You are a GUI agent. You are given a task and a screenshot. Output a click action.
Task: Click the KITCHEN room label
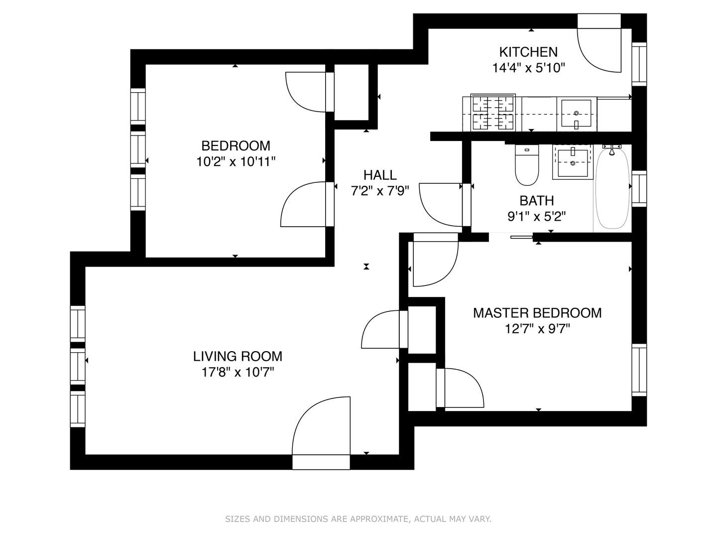click(x=528, y=52)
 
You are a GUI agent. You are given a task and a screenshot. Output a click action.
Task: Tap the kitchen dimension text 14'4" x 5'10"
click(x=528, y=68)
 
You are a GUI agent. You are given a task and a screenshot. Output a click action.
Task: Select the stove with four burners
click(x=493, y=113)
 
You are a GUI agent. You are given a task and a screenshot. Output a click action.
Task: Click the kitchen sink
click(x=577, y=113)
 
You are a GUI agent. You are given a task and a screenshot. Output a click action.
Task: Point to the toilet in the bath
click(x=527, y=165)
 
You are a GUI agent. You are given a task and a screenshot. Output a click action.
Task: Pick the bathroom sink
click(x=573, y=162)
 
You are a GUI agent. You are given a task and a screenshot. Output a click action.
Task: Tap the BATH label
click(x=537, y=201)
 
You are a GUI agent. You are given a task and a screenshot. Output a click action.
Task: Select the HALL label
click(x=380, y=175)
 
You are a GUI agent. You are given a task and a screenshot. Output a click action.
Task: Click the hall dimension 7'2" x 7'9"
click(x=380, y=191)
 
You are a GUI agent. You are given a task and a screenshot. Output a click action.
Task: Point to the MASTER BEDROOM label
click(x=537, y=313)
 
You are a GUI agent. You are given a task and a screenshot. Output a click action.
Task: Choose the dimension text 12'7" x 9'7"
click(x=537, y=329)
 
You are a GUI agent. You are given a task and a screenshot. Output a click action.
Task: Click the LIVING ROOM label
click(x=238, y=356)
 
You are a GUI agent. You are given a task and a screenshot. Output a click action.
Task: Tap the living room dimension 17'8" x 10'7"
click(x=238, y=372)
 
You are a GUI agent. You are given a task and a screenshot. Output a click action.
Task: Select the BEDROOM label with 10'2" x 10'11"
click(x=236, y=145)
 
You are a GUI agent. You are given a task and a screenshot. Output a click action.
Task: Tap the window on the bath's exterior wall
click(x=639, y=188)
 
